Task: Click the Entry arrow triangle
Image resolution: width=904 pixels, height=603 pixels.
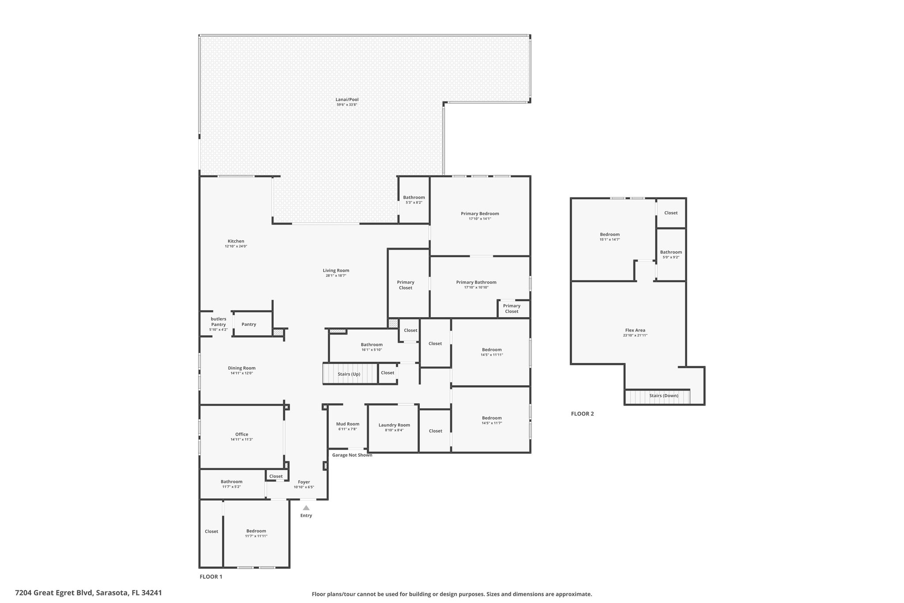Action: coord(306,508)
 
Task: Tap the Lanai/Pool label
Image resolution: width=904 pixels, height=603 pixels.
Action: coord(347,99)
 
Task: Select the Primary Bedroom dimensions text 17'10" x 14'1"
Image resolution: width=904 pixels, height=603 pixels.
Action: coord(480,219)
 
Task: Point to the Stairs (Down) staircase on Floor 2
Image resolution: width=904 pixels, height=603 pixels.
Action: coord(658,396)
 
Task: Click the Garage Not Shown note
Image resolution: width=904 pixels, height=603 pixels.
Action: coord(352,455)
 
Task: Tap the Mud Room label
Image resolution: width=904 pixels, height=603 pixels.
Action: coord(348,424)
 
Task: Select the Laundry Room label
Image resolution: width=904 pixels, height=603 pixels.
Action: coord(394,425)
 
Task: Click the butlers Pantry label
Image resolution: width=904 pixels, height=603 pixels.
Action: coord(218,322)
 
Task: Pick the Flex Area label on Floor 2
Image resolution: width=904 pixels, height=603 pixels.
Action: coord(635,330)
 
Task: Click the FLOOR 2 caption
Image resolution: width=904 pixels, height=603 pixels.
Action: coord(582,414)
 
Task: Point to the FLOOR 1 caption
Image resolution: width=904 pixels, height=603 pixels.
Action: coord(211,576)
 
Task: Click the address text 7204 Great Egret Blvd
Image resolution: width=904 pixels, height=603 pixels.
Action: coord(54,593)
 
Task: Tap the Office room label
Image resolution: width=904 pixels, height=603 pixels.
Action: coord(241,434)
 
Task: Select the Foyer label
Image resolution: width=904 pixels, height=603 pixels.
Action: coord(304,482)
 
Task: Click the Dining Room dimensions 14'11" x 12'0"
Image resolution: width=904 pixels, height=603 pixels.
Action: coord(241,373)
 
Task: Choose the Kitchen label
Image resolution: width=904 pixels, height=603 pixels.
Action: coord(236,241)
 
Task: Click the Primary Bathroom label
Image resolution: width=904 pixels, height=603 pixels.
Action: coord(476,282)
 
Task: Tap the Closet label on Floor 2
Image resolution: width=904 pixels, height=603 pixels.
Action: coord(671,213)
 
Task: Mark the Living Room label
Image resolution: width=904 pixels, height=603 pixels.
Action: coord(336,270)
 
